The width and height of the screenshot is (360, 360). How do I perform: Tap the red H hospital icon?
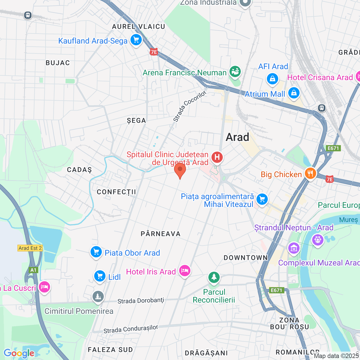pyautogui.click(x=217, y=157)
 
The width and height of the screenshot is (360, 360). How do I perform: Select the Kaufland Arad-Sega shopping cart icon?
pyautogui.click(x=136, y=40)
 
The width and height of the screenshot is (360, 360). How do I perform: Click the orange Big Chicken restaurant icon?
pyautogui.click(x=310, y=174)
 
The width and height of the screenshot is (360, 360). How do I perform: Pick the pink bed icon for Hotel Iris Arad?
pyautogui.click(x=185, y=271)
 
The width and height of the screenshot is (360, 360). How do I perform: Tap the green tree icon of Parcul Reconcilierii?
pyautogui.click(x=214, y=277)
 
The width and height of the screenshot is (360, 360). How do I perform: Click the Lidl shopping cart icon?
pyautogui.click(x=100, y=276)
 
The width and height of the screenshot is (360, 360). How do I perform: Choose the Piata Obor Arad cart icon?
pyautogui.click(x=96, y=252)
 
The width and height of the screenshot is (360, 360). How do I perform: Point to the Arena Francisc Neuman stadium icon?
pyautogui.click(x=235, y=72)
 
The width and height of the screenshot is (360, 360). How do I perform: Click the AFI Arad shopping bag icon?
pyautogui.click(x=273, y=79)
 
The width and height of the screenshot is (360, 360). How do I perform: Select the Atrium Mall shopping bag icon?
pyautogui.click(x=294, y=93)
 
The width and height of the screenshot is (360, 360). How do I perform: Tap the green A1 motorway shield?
pyautogui.click(x=33, y=270)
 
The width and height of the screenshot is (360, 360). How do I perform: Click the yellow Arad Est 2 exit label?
pyautogui.click(x=30, y=248)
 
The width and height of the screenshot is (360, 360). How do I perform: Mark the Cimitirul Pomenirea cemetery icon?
pyautogui.click(x=98, y=297)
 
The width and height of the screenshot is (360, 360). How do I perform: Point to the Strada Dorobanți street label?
pyautogui.click(x=141, y=301)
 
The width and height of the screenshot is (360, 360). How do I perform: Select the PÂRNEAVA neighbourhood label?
pyautogui.click(x=161, y=234)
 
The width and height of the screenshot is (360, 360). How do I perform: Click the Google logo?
pyautogui.click(x=19, y=353)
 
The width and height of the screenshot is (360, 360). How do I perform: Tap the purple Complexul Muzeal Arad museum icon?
pyautogui.click(x=294, y=248)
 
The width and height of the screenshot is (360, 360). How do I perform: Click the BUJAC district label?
pyautogui.click(x=58, y=63)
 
